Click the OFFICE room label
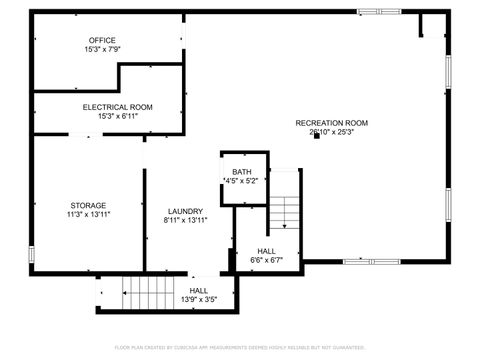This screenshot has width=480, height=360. [102, 40]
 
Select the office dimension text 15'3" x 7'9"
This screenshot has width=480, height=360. [102, 49]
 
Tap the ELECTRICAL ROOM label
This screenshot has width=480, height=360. [117, 106]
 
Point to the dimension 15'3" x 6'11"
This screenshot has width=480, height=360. [117, 115]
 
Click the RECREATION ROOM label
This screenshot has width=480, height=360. [332, 123]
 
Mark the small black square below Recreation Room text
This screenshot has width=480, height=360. [317, 136]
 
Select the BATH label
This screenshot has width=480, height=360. [242, 172]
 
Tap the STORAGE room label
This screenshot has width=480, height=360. [88, 205]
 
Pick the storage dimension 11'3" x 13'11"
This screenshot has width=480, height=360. [88, 214]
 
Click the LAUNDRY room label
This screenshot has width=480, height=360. [185, 211]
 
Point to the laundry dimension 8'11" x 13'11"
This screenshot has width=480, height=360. [185, 220]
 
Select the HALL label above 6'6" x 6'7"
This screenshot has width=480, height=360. [266, 251]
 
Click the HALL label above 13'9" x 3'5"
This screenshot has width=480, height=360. [199, 290]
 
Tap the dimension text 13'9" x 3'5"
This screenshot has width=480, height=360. [199, 299]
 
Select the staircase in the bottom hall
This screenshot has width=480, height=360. [148, 292]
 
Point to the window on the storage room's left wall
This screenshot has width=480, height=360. [32, 254]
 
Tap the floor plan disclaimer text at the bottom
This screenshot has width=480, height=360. [240, 347]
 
